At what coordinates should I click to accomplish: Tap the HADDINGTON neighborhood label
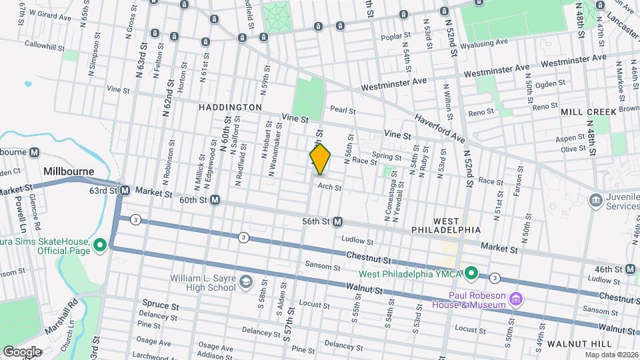[230, 107]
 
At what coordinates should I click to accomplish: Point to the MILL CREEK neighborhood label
[589, 112]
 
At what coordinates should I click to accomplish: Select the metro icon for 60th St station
[215, 199]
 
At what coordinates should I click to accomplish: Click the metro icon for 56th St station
[338, 221]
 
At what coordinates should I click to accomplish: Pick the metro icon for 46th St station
[631, 269]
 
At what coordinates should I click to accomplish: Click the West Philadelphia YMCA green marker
[471, 273]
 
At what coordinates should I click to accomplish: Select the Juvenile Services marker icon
[595, 200]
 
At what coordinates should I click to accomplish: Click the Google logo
[21, 351]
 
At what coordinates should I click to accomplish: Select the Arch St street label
[329, 188]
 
